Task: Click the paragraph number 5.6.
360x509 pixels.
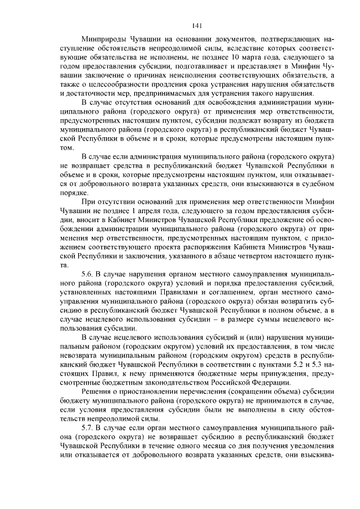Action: tap(89, 274)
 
